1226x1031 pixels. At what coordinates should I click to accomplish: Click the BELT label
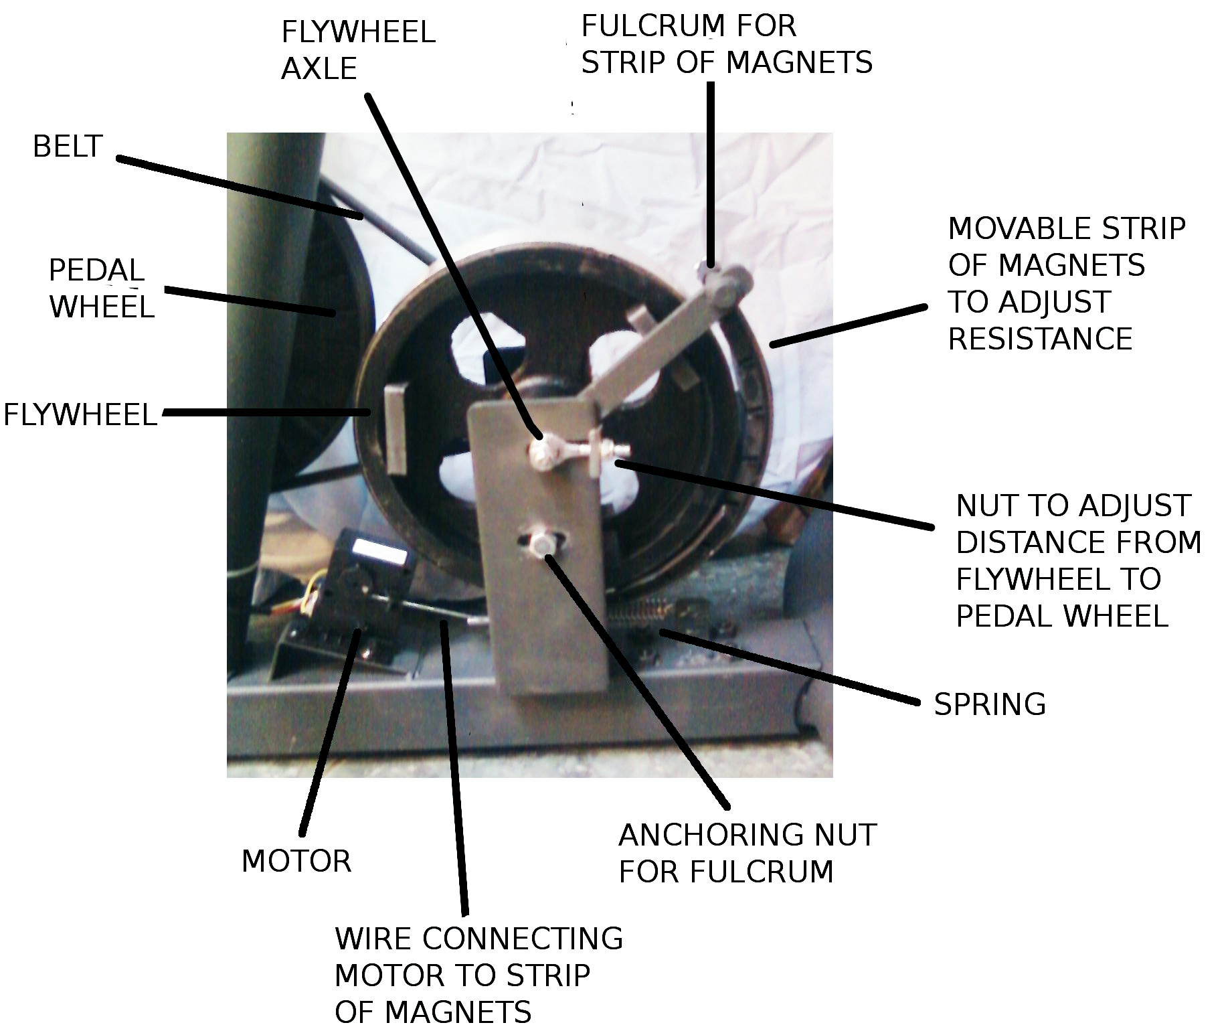coord(67,147)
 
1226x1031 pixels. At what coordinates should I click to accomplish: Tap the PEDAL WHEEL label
coord(101,289)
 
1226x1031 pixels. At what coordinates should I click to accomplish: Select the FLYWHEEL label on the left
coord(80,415)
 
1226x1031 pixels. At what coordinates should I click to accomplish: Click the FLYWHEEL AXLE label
coord(357,50)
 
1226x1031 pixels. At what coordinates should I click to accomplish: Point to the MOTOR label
coord(296,861)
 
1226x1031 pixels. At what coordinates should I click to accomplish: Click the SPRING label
coord(989,704)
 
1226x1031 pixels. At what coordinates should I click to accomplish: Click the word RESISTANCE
coord(1040,339)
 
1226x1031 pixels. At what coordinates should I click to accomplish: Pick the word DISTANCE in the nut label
coord(1029,542)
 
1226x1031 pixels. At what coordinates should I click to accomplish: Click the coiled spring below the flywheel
coord(642,612)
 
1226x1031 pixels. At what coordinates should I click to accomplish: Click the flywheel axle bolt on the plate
coord(541,451)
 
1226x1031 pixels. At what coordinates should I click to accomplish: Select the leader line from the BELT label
coord(241,187)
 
